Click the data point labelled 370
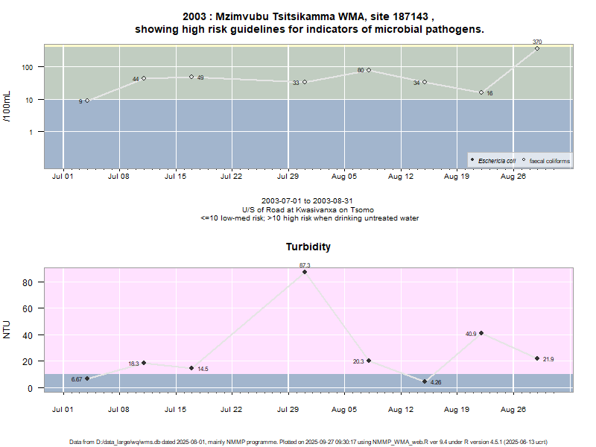point(537,48)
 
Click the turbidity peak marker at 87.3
point(305,272)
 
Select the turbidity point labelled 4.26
point(425,381)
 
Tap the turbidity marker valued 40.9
point(481,333)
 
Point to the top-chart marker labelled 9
point(87,101)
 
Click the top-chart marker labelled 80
point(369,70)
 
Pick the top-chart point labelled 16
point(481,92)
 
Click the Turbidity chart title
point(308,247)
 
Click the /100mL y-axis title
point(7,107)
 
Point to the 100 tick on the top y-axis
point(29,67)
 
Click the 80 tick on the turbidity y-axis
point(29,283)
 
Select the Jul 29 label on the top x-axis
point(288,177)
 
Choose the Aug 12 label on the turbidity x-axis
point(401,409)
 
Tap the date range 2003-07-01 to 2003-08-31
point(308,201)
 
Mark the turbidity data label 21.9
point(550,360)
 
